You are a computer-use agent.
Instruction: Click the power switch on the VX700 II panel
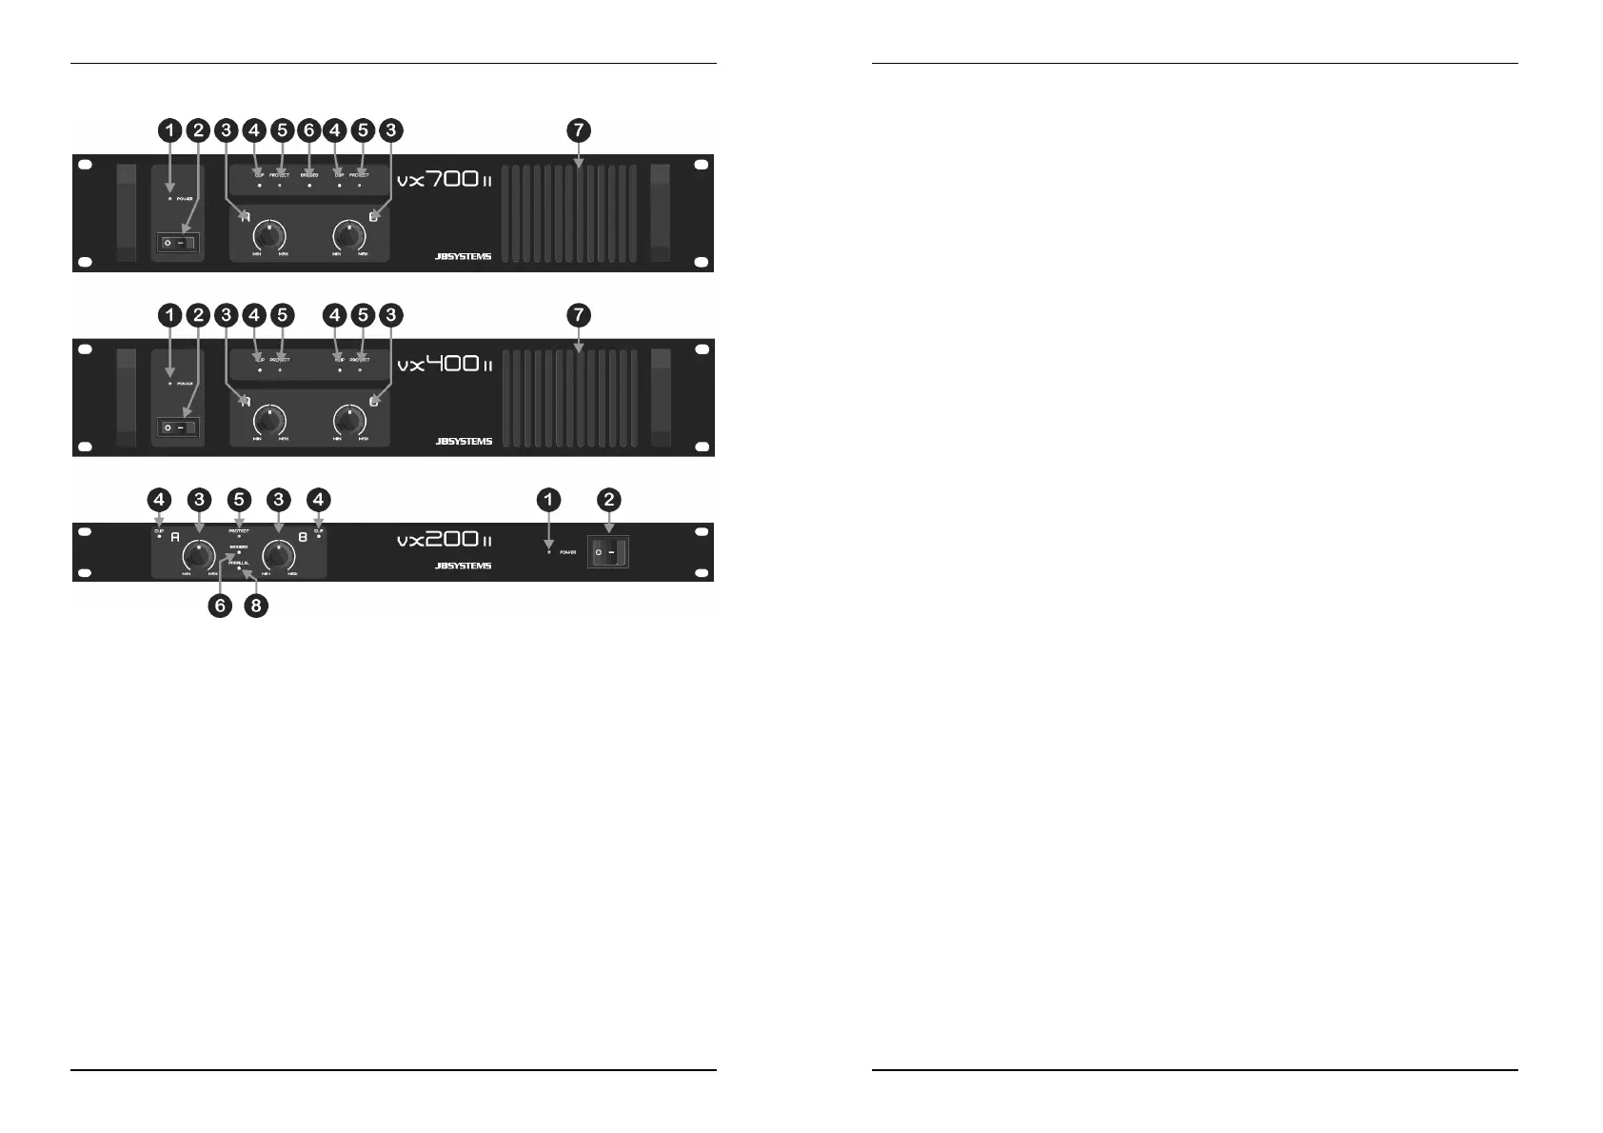[x=178, y=244]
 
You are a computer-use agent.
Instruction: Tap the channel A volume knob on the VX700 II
[x=270, y=235]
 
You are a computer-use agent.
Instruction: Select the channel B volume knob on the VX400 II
[x=351, y=420]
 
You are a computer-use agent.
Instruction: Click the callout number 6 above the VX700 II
[x=307, y=129]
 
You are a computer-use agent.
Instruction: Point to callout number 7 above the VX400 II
[x=578, y=314]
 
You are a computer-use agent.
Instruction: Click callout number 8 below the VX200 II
[x=254, y=606]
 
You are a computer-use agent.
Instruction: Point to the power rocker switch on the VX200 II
[x=608, y=552]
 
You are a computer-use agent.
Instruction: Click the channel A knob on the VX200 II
[x=199, y=555]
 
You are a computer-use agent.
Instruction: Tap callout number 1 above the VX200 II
[x=549, y=499]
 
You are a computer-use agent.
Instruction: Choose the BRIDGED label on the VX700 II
[x=308, y=175]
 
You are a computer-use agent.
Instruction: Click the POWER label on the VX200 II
[x=568, y=552]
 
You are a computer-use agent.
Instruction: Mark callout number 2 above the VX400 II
[x=197, y=314]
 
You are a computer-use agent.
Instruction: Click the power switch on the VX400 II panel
[x=178, y=428]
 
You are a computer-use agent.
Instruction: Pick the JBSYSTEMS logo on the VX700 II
[x=463, y=256]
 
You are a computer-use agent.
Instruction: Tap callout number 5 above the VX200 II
[x=239, y=499]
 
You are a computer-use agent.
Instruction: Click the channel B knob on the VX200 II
[x=279, y=555]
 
